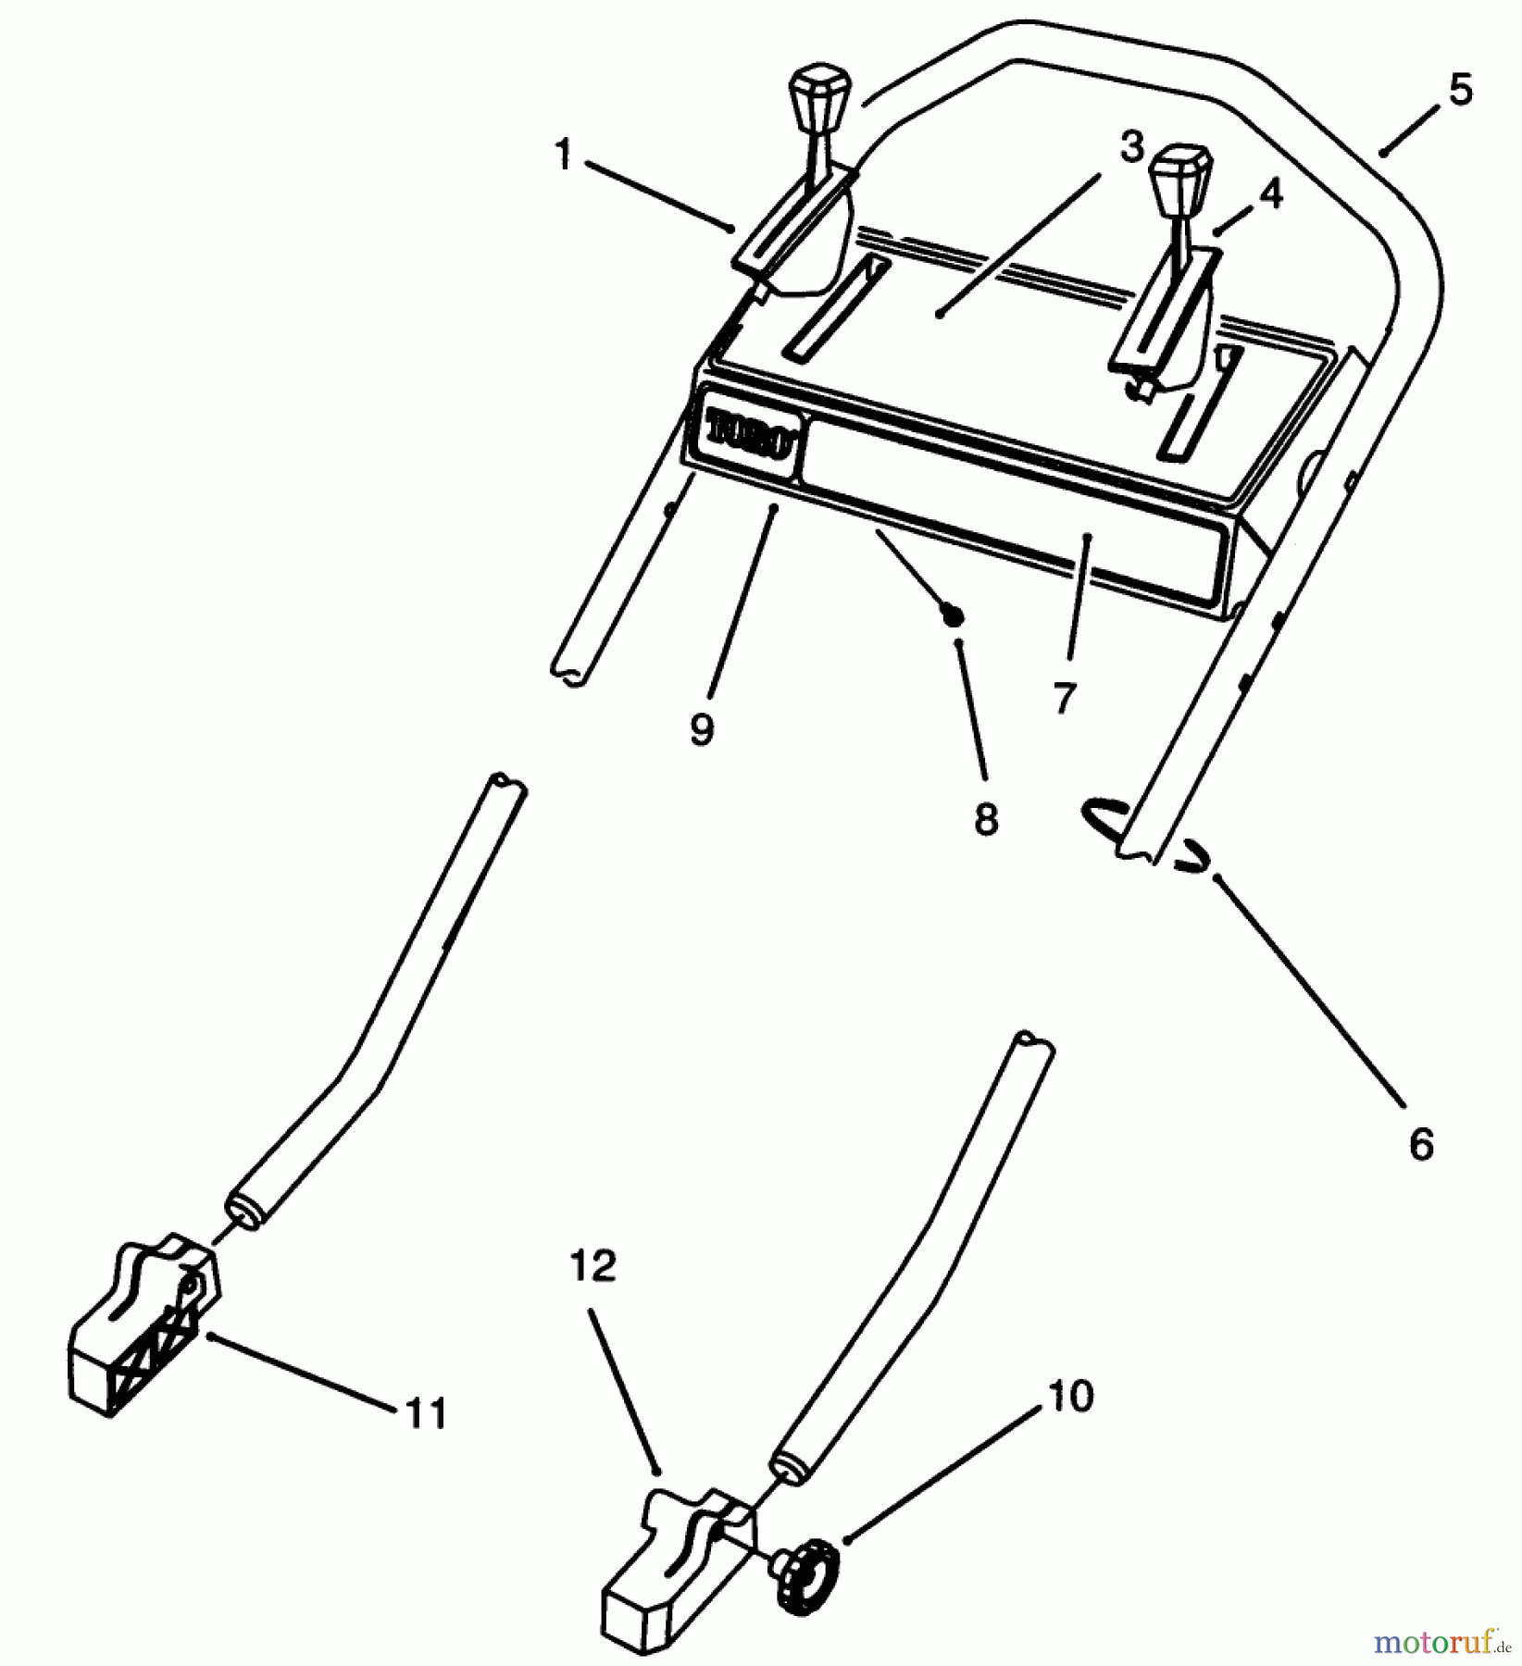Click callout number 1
pyautogui.click(x=563, y=155)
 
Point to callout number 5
pyautogui.click(x=1459, y=90)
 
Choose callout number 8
pyautogui.click(x=986, y=817)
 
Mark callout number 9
pyautogui.click(x=702, y=729)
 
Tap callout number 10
pyautogui.click(x=1070, y=1397)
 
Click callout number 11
pyautogui.click(x=427, y=1413)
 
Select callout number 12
pyautogui.click(x=593, y=1267)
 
